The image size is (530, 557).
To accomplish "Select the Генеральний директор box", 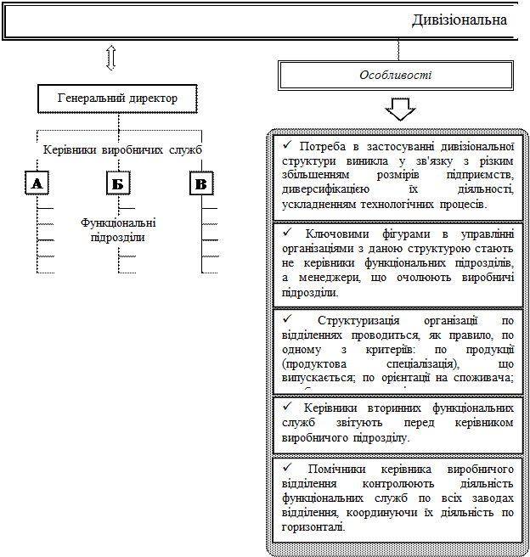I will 117,98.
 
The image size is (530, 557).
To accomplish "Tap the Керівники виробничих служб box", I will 122,150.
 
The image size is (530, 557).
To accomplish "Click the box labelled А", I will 36,183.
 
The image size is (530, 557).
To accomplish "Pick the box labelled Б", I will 118,183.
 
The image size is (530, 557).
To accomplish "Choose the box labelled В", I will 200,183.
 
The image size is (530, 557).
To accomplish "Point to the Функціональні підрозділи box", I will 118,230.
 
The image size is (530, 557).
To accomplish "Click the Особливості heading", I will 395,75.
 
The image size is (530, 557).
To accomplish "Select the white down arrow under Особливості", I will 400,110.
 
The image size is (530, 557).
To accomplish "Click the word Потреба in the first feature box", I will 323,145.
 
